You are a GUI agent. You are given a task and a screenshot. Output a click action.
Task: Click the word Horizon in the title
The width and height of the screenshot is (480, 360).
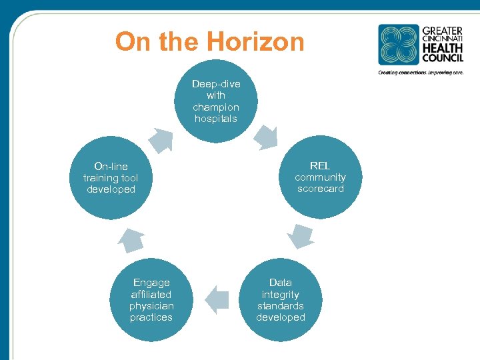point(255,42)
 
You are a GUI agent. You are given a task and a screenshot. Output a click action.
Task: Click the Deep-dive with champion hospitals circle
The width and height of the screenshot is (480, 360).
point(216,101)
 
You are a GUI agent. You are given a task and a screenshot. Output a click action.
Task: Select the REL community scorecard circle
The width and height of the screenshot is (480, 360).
point(320,177)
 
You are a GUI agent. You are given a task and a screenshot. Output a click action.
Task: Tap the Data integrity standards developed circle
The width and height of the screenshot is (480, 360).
point(281,300)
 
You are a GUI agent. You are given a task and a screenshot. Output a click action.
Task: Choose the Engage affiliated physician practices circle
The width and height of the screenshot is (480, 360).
point(151,300)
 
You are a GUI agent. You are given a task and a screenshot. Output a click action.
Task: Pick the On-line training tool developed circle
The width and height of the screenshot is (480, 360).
point(111,178)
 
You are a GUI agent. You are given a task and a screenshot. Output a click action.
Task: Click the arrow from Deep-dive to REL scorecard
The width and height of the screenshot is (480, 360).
point(267,137)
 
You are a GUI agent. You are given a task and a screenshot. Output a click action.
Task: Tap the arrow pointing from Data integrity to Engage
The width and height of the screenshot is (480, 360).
point(216,299)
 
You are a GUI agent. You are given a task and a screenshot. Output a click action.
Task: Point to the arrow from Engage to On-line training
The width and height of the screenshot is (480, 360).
point(131,239)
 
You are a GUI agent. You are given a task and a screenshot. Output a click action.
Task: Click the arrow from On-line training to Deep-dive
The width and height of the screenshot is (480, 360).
point(161,138)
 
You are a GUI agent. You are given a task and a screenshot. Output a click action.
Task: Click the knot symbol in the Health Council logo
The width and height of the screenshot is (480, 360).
point(399,45)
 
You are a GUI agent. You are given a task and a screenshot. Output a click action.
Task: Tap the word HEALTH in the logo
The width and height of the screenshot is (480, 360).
point(441,48)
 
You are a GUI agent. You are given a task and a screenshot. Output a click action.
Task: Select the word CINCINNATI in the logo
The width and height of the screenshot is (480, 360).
point(441,39)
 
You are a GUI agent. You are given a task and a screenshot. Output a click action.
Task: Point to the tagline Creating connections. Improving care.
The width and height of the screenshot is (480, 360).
point(421,72)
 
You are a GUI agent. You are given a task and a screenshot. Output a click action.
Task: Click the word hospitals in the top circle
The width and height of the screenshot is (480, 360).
point(216,119)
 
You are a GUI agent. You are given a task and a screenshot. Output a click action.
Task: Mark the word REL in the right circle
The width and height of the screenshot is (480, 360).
point(320,165)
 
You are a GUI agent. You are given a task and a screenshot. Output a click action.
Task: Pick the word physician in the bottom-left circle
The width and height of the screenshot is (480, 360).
point(151,306)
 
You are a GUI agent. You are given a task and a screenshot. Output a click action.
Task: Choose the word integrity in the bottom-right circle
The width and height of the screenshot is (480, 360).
point(281,295)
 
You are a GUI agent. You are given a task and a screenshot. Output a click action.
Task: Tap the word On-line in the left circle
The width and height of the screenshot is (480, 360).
point(111,166)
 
